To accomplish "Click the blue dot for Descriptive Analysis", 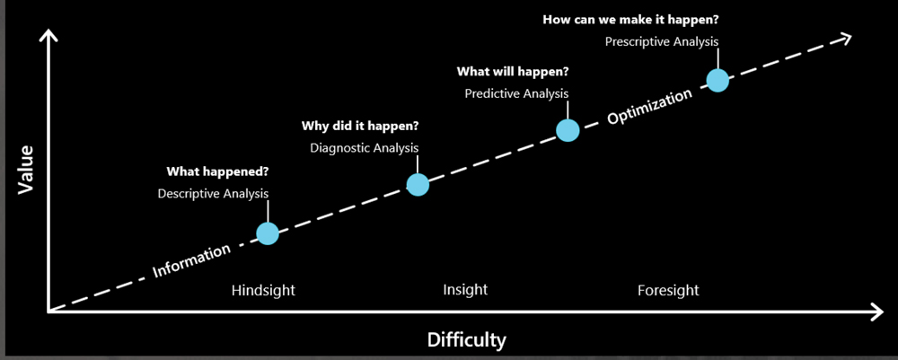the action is pyautogui.click(x=268, y=233).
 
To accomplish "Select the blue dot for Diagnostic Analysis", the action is pyautogui.click(x=418, y=184).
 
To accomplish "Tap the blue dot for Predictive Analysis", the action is pyautogui.click(x=568, y=130).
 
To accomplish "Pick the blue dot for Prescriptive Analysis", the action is pyautogui.click(x=718, y=81).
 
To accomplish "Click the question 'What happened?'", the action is pyautogui.click(x=217, y=171).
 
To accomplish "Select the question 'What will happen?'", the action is pyautogui.click(x=513, y=72).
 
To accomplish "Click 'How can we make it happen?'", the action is pyautogui.click(x=630, y=20).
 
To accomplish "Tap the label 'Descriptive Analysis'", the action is pyautogui.click(x=213, y=194).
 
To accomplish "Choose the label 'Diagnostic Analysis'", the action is pyautogui.click(x=365, y=148).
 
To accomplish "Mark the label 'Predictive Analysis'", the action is pyautogui.click(x=516, y=93).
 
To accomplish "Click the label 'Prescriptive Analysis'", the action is pyautogui.click(x=662, y=42).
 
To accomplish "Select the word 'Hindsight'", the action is pyautogui.click(x=263, y=291).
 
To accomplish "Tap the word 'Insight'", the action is pyautogui.click(x=465, y=290).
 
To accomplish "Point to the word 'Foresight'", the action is pyautogui.click(x=668, y=291).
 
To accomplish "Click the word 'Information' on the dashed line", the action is pyautogui.click(x=191, y=260).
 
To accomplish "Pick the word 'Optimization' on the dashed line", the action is pyautogui.click(x=649, y=107).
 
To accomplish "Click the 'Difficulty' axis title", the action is pyautogui.click(x=467, y=340).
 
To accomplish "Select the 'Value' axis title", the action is pyautogui.click(x=26, y=170).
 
